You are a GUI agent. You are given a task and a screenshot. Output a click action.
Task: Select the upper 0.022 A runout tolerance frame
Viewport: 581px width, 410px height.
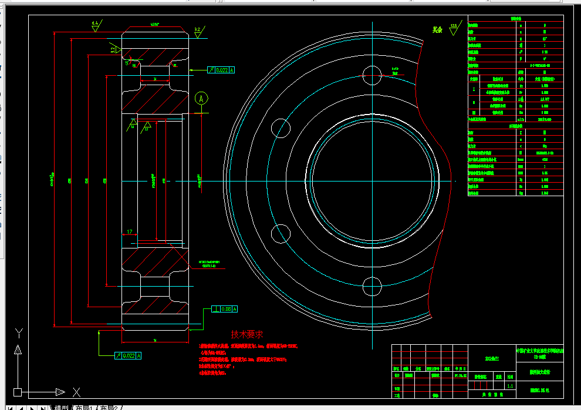pyautogui.click(x=221, y=70)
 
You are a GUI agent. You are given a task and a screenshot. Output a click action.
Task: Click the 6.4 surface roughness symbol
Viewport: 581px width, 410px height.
pyautogui.click(x=96, y=24)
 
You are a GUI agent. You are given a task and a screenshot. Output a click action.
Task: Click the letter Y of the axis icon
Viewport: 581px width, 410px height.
pyautogui.click(x=18, y=333)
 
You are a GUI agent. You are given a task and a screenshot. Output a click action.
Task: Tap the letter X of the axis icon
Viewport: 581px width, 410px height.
pyautogui.click(x=76, y=391)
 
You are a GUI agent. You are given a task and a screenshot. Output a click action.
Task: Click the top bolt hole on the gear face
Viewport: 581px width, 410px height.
pyautogui.click(x=372, y=74)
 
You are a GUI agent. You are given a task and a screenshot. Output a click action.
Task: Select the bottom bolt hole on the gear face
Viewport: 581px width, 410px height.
pyautogui.click(x=372, y=286)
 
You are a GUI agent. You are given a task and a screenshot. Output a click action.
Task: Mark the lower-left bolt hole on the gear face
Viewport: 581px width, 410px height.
pyautogui.click(x=281, y=233)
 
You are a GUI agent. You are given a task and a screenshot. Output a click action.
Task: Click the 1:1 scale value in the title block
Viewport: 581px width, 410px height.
pyautogui.click(x=510, y=386)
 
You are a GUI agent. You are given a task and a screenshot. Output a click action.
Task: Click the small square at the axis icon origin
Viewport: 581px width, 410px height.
pyautogui.click(x=18, y=392)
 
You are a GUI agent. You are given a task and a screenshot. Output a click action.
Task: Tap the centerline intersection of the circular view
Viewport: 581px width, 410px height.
pyautogui.click(x=372, y=180)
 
